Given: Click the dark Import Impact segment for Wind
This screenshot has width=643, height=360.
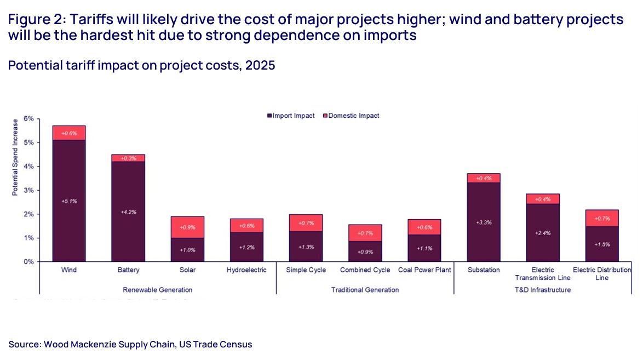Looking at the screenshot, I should (x=69, y=201).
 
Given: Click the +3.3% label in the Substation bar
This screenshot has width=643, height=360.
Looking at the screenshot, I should (x=483, y=222).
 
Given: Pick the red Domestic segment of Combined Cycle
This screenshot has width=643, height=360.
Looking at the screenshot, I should (x=365, y=233).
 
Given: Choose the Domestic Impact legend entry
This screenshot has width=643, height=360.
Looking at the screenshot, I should (x=352, y=116).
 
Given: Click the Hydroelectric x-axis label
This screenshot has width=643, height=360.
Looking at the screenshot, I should (x=246, y=270).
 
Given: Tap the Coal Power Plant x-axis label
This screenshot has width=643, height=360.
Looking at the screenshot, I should (x=424, y=270).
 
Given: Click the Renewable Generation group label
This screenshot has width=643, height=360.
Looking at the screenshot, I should (x=158, y=289).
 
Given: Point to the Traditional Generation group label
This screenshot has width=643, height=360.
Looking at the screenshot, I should (x=365, y=289).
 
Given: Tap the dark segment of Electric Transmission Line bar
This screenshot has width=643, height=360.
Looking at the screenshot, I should (x=542, y=232).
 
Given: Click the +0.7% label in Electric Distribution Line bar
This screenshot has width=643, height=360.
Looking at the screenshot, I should (x=601, y=219).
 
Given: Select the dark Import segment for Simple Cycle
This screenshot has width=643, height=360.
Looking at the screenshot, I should (x=306, y=247).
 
